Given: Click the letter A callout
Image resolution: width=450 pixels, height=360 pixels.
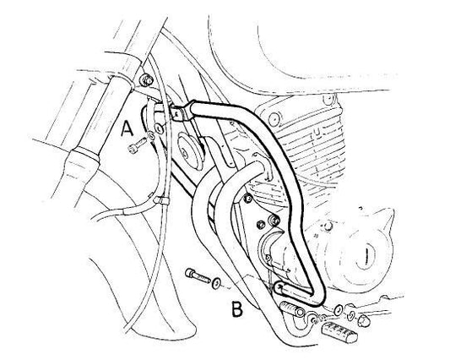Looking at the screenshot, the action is tap(127, 128).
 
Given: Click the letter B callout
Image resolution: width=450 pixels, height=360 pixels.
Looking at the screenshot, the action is tap(237, 309).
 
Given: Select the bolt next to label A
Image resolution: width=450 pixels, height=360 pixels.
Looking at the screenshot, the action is tap(137, 145).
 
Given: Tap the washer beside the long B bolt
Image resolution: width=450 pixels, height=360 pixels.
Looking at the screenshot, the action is tap(216, 284).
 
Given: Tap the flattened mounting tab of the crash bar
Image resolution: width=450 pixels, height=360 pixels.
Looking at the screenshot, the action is tap(181, 112).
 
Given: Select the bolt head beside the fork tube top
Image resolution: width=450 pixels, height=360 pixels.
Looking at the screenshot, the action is tap(145, 79).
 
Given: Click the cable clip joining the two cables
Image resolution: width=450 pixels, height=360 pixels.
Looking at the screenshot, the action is tap(160, 200).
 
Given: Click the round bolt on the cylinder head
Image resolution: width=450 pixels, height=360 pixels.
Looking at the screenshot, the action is tap(273, 117).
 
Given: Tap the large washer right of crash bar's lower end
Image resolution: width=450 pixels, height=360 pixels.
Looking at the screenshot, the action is tap(338, 309).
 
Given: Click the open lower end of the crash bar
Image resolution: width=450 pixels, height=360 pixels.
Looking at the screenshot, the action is tap(278, 288).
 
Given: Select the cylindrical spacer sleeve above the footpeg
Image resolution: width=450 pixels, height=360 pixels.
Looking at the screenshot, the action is tap(291, 308).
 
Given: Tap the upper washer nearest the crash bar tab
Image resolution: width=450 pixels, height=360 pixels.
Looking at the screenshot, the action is tap(159, 128).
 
